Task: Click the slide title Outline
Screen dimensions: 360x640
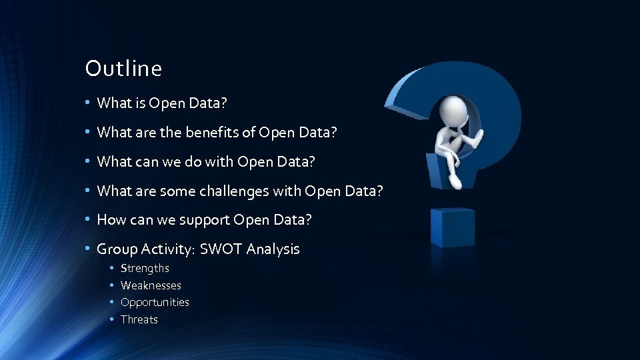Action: [x=123, y=68]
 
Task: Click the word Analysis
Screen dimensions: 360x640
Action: [x=273, y=249]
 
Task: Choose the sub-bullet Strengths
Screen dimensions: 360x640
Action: [x=145, y=268]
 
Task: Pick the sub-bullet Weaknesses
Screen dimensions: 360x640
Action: [x=151, y=285]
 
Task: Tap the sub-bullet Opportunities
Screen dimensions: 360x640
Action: [x=155, y=302]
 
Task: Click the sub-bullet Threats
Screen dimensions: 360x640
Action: [x=139, y=319]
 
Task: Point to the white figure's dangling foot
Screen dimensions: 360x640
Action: [x=455, y=180]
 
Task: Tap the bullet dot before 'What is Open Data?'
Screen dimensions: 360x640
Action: [x=87, y=103]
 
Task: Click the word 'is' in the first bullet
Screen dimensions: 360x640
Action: [x=141, y=103]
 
